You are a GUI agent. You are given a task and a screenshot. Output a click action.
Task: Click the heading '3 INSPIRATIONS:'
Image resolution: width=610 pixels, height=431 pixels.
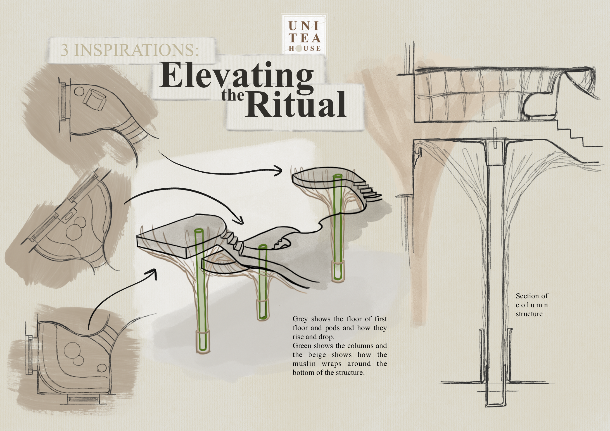130,50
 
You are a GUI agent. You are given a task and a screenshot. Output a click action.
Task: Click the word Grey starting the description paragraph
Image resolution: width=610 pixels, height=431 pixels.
300,319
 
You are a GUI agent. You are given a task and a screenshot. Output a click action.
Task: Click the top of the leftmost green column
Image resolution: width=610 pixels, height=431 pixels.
198,232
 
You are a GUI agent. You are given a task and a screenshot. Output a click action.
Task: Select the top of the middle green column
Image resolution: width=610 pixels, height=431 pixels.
263,247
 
